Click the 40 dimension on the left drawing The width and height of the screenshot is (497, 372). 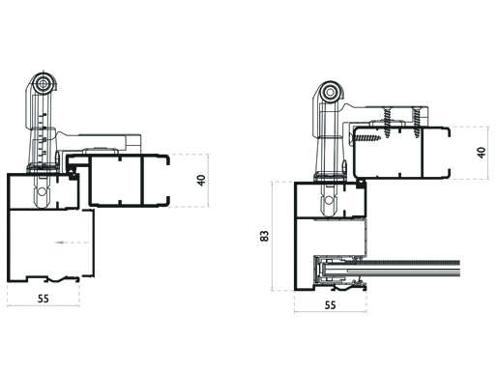[201, 181]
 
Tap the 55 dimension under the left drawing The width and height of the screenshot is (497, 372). [44, 299]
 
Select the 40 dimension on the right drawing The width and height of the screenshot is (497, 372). [482, 153]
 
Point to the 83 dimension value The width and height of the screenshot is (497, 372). [264, 236]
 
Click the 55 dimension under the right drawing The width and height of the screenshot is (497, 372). [330, 305]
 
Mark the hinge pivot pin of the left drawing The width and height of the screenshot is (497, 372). [43, 84]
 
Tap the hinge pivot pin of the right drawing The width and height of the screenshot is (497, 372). [330, 93]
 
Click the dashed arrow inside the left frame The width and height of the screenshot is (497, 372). [73, 243]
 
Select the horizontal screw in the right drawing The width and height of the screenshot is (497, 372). [366, 138]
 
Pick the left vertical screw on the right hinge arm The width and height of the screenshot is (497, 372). [387, 123]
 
